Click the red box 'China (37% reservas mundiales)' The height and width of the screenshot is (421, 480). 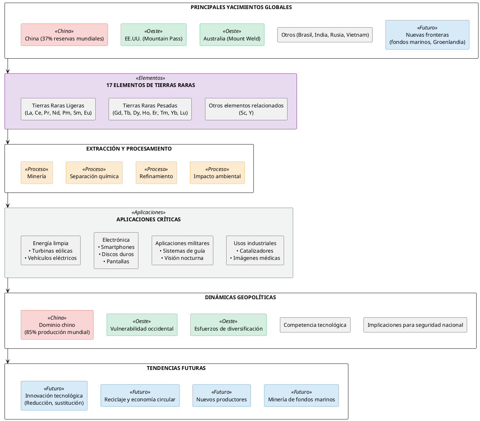pyautogui.click(x=64, y=35)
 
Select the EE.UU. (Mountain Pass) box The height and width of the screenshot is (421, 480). pyautogui.click(x=154, y=35)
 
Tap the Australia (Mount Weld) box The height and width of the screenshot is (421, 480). pyautogui.click(x=232, y=35)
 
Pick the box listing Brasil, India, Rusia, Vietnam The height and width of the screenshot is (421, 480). pyautogui.click(x=325, y=35)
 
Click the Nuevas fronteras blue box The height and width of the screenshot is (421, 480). pyautogui.click(x=427, y=35)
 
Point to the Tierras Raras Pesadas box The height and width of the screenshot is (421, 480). pyautogui.click(x=150, y=109)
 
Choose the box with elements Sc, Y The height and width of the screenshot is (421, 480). pyautogui.click(x=246, y=109)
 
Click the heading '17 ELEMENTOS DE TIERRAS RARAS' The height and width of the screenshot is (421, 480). pyautogui.click(x=151, y=85)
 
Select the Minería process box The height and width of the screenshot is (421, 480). pyautogui.click(x=37, y=173)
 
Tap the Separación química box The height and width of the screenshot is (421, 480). pyautogui.click(x=94, y=173)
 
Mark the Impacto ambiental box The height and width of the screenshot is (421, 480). pyautogui.click(x=217, y=173)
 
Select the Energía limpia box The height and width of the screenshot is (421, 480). pyautogui.click(x=51, y=250)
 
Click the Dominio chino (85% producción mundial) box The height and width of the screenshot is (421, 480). pyautogui.click(x=57, y=325)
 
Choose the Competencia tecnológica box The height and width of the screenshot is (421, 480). pyautogui.click(x=315, y=325)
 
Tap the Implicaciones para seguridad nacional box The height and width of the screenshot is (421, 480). pyautogui.click(x=415, y=325)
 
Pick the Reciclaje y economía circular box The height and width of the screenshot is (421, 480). pyautogui.click(x=140, y=396)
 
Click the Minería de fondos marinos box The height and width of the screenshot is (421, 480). pyautogui.click(x=301, y=396)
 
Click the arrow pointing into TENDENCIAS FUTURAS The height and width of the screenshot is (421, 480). pyautogui.click(x=8, y=360)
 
